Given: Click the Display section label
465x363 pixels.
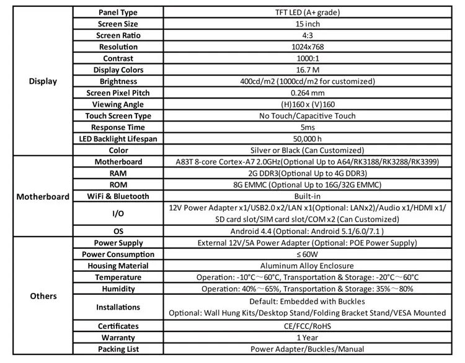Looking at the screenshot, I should coord(43,81).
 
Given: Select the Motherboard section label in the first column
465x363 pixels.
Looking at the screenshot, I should coord(43,197).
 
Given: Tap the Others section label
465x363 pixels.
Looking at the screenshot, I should coord(43,296).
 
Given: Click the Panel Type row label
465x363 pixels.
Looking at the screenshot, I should coord(118,12).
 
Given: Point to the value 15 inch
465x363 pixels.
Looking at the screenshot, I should coord(308,24).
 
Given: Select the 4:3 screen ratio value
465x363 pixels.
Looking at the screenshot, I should coord(308,35).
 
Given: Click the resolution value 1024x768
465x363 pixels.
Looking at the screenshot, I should coord(308,47).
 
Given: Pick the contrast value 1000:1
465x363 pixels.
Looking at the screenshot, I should coord(308,58).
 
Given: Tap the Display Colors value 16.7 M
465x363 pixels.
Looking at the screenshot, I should coord(308,70).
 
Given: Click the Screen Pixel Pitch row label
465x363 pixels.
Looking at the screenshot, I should coord(118,93).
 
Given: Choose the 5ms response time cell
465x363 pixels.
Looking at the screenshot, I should coord(308,127).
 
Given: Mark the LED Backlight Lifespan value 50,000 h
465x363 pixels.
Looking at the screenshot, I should coord(308,139).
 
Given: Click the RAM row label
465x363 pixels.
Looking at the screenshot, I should coord(118,174).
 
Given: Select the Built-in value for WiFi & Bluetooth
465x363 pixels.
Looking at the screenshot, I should coord(308,197).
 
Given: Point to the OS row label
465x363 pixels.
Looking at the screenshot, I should coord(118,231).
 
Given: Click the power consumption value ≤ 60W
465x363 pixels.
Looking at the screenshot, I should coord(308,254).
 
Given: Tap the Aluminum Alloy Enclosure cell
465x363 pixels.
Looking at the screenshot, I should coord(308,266).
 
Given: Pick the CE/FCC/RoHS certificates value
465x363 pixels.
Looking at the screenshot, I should coord(308,326).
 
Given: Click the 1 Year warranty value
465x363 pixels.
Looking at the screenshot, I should coord(308,338).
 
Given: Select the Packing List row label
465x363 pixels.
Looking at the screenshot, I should coord(118,349).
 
